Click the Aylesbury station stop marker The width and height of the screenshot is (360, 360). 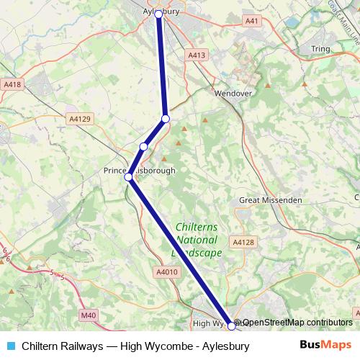(158, 14)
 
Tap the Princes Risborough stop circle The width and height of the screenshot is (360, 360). (129, 176)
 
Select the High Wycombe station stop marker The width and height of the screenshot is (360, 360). (231, 325)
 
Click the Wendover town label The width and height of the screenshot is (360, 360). (232, 93)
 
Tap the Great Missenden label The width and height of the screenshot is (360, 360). (268, 200)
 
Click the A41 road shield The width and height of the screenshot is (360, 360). (251, 22)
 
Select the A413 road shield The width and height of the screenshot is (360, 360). (196, 55)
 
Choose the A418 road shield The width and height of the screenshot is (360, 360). (13, 85)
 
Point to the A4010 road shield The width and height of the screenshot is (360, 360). (165, 271)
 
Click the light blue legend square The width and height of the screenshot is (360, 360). (10, 346)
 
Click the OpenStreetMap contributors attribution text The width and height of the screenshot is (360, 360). (297, 323)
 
